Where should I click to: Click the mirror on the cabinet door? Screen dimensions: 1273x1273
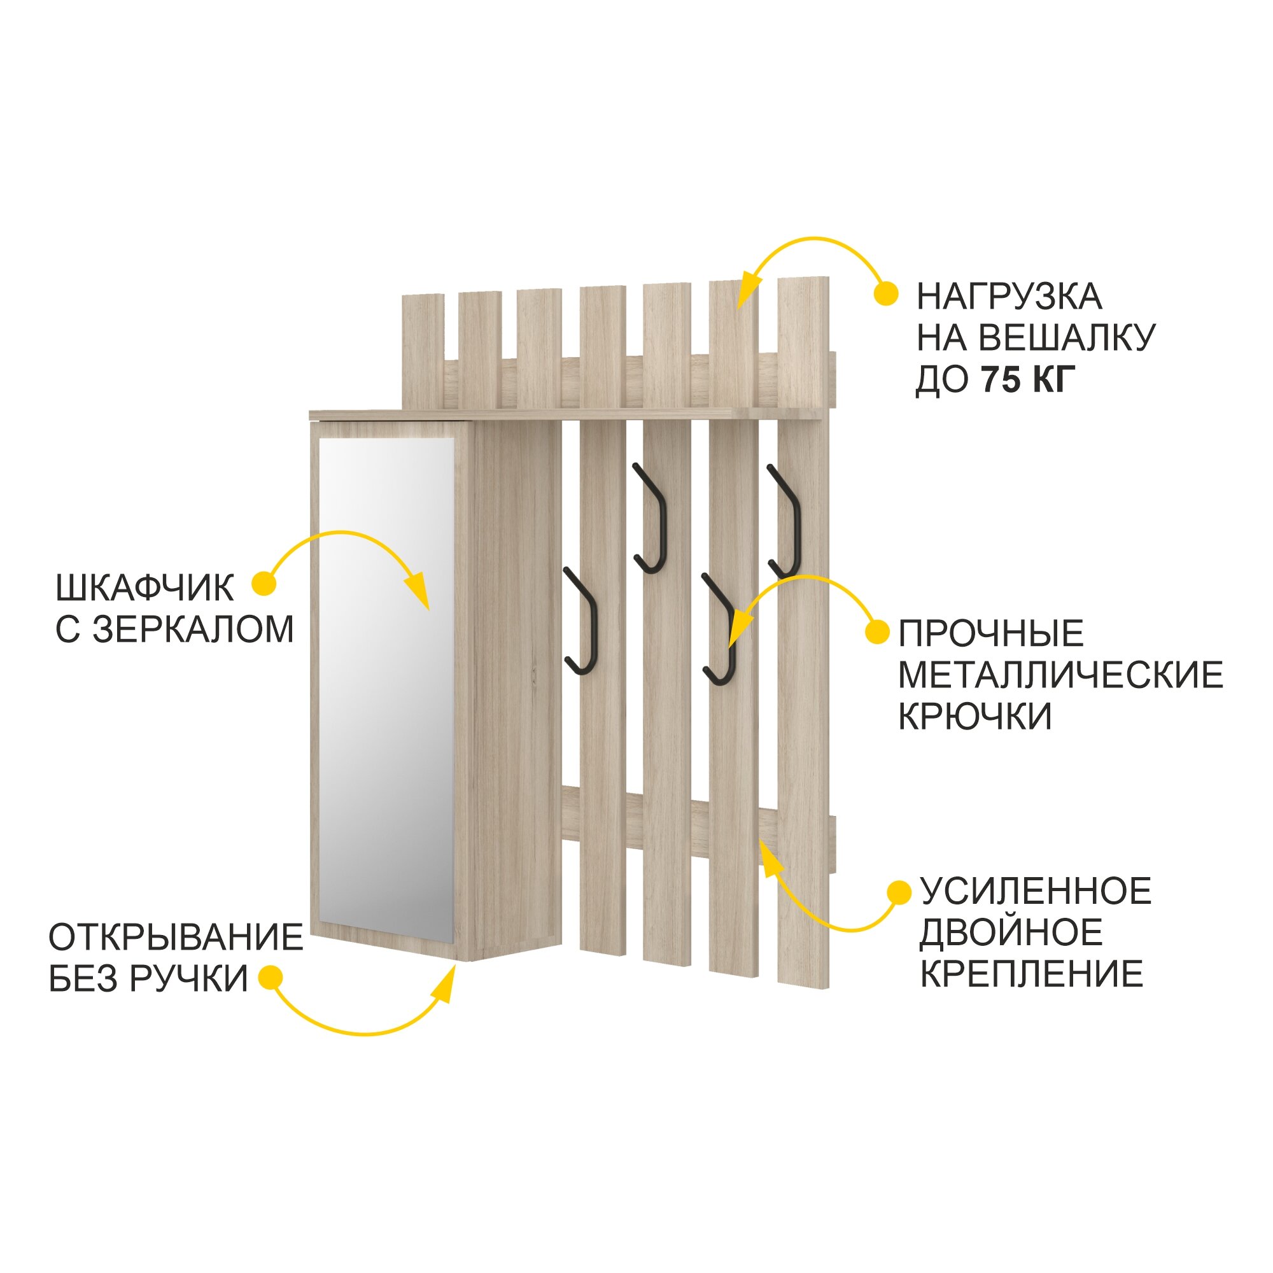[x=387, y=686]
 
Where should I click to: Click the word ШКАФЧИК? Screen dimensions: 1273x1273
[x=145, y=587]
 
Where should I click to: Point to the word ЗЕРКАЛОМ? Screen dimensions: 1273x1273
[x=193, y=629]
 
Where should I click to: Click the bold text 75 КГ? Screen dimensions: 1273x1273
[x=1029, y=379]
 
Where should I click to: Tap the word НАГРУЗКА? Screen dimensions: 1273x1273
[x=1009, y=297]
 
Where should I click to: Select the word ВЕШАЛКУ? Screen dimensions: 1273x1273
[x=1067, y=338]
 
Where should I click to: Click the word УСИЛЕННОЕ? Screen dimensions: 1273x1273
[x=1036, y=892]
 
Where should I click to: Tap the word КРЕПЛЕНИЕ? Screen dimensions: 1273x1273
[x=1032, y=974]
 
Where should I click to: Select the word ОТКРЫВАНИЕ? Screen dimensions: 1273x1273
[x=176, y=937]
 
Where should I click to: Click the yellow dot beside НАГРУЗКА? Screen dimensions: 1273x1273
[x=886, y=294]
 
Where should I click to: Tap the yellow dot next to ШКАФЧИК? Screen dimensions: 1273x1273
[x=264, y=584]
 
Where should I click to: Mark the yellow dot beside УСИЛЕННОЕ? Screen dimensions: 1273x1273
[x=899, y=892]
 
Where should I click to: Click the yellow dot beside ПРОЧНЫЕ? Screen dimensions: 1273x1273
[x=877, y=632]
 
